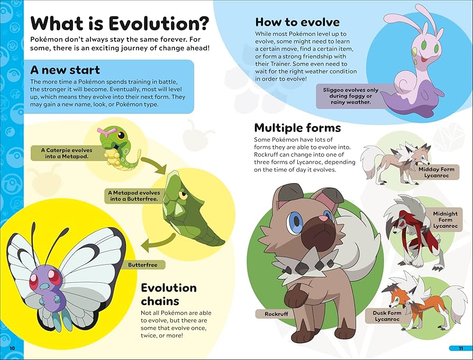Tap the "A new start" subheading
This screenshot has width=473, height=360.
pyautogui.click(x=65, y=70)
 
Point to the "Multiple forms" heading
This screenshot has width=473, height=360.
pyautogui.click(x=297, y=128)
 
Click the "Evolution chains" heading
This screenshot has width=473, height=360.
pyautogui.click(x=169, y=294)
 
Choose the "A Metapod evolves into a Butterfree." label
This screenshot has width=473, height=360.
pyautogui.click(x=133, y=196)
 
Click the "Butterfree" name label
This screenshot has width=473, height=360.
pyautogui.click(x=145, y=264)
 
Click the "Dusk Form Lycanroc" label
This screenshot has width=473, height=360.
pyautogui.click(x=387, y=316)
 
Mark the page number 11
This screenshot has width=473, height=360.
pyautogui.click(x=460, y=348)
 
